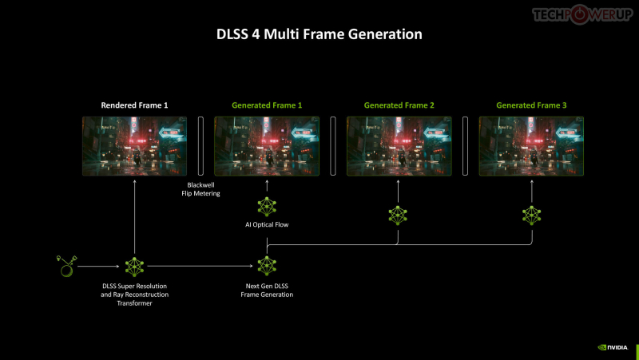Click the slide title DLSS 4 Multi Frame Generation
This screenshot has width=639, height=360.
pos(319,34)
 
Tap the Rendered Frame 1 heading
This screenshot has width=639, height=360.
pos(134,105)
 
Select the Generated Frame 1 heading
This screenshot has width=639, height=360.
pos(267,105)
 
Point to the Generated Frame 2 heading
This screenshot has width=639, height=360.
pos(399,105)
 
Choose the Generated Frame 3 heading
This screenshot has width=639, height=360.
pos(531,105)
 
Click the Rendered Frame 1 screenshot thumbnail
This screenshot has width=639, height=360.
pos(134,146)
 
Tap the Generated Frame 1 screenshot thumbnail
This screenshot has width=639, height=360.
pos(267,146)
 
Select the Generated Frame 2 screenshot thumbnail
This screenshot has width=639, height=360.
pos(399,146)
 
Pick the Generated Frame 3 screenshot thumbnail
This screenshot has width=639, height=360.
pos(531,146)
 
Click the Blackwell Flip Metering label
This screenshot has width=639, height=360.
pos(200,188)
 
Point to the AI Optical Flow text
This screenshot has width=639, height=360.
pos(267,225)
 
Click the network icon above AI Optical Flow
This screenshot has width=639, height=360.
pos(267,207)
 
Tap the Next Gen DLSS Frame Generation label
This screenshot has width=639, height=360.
pos(267,291)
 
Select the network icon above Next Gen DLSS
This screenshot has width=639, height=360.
pos(267,266)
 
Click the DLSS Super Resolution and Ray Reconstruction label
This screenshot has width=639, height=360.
pos(135,295)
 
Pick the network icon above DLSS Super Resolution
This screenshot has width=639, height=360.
pos(134,266)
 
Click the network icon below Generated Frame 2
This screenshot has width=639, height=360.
pos(398,214)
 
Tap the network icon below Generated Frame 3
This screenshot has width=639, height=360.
pos(531,214)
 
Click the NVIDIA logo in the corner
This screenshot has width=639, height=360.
pos(613,347)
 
